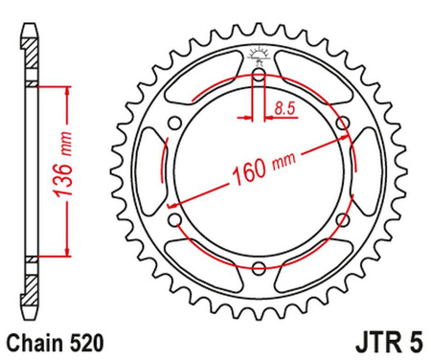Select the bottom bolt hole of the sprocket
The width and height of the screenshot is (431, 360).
[259, 272]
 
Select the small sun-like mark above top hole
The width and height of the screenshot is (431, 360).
[259, 53]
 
